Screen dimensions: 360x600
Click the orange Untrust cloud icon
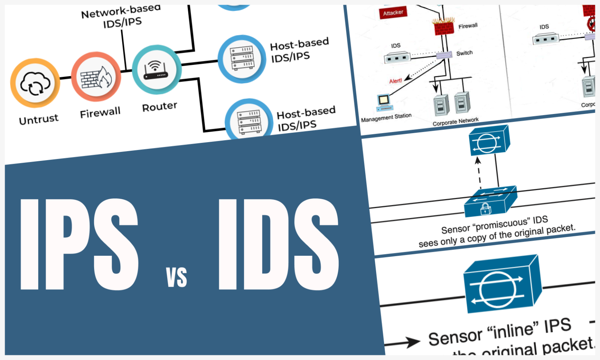click(35, 83)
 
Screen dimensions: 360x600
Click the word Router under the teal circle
click(159, 107)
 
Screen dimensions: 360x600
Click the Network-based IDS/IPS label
click(121, 17)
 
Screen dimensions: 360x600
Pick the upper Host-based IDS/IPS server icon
click(242, 59)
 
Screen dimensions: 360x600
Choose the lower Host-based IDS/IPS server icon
click(249, 121)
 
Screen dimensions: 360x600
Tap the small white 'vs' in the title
click(177, 278)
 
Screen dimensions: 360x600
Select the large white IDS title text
click(278, 245)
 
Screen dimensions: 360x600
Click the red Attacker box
click(393, 13)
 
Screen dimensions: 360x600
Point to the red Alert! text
click(395, 81)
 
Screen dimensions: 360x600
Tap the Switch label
click(464, 53)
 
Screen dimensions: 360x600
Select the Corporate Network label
click(455, 121)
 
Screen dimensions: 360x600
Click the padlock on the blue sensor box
click(485, 209)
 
